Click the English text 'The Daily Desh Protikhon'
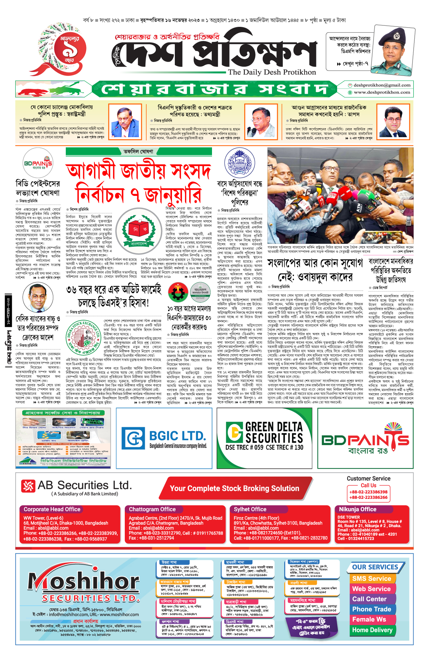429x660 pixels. coord(272,72)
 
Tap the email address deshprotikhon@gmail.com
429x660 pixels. coord(382,85)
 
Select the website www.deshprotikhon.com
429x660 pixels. coord(382,92)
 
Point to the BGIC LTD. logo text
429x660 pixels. coord(177,436)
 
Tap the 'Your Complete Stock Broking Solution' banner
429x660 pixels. coord(234,488)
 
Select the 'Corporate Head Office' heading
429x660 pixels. coord(52,509)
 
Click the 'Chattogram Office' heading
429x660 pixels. coord(152,509)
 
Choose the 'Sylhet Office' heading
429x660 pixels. coord(250,509)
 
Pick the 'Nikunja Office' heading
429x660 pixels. coord(357,509)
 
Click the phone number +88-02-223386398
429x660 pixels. coord(368,492)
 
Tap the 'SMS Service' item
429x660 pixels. coord(371,579)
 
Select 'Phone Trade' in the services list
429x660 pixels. coord(371,609)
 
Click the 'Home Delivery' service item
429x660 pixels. coord(372,630)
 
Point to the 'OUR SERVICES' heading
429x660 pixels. coord(375,567)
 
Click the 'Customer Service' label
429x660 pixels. coord(368,478)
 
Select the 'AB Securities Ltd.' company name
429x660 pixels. coord(84,485)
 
